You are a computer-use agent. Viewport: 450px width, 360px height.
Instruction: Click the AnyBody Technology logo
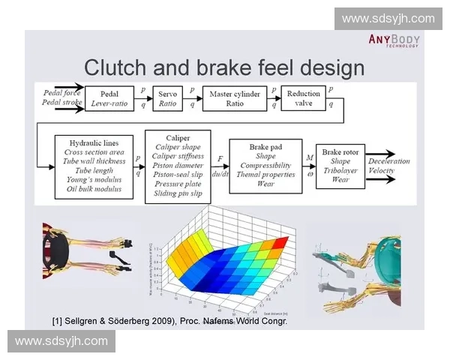pos(394,40)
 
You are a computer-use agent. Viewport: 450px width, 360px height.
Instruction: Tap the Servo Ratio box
pos(168,99)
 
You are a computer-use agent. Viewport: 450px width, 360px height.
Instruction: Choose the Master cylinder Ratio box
pos(235,99)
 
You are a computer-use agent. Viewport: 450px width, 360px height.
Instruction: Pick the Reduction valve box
pos(303,98)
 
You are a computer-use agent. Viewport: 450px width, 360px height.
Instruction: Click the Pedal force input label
pos(61,92)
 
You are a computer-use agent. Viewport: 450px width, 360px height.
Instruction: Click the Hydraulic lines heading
pos(94,141)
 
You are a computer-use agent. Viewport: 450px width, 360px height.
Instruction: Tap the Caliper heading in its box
pos(178,138)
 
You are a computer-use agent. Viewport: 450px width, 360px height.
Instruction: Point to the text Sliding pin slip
pos(178,193)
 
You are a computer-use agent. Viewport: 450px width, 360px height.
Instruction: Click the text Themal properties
pos(265,174)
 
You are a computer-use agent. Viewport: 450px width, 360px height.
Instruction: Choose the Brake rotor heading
pos(340,151)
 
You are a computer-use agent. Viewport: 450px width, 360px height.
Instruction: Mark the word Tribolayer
pos(340,170)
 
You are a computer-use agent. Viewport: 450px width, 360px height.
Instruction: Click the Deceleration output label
pos(389,161)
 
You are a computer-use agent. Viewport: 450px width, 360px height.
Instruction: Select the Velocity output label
pos(382,172)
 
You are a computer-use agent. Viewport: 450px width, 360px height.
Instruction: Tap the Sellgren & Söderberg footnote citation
pos(169,321)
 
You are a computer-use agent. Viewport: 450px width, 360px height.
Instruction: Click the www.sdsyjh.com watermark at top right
pos(388,18)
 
